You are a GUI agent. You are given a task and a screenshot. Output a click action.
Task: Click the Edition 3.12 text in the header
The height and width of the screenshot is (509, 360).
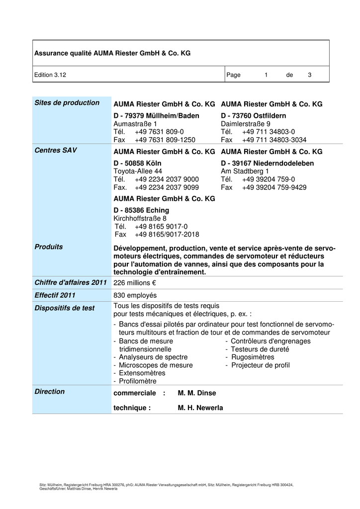[50, 75]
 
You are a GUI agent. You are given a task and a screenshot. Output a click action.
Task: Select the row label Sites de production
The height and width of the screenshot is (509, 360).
[67, 103]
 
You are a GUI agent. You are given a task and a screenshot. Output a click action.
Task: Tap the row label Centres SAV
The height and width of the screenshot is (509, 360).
[56, 150]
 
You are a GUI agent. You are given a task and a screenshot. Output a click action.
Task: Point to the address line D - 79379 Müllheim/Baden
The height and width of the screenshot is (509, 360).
[156, 116]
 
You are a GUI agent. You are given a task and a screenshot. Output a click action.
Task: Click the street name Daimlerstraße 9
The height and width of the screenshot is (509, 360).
[246, 124]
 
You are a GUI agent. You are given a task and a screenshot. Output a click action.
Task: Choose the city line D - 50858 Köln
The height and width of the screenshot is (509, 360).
[137, 163]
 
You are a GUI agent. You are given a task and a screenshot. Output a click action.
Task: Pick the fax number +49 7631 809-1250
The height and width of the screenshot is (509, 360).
[165, 140]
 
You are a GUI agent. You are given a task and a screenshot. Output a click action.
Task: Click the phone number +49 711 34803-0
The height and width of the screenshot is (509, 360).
[269, 132]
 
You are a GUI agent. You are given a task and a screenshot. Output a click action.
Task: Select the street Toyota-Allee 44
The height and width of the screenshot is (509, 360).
[138, 171]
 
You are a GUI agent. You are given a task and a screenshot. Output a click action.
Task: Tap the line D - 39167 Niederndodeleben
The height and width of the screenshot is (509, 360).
[268, 163]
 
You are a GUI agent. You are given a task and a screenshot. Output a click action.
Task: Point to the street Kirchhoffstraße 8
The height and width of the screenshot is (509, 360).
[140, 218]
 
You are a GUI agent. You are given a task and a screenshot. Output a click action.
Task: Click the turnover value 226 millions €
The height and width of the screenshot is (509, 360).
[135, 282]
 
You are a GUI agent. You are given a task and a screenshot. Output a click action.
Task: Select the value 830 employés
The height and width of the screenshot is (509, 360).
[135, 295]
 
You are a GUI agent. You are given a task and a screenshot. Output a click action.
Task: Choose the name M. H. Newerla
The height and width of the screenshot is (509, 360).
[200, 408]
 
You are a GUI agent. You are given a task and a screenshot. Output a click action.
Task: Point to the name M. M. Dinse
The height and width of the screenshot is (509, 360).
[197, 393]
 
